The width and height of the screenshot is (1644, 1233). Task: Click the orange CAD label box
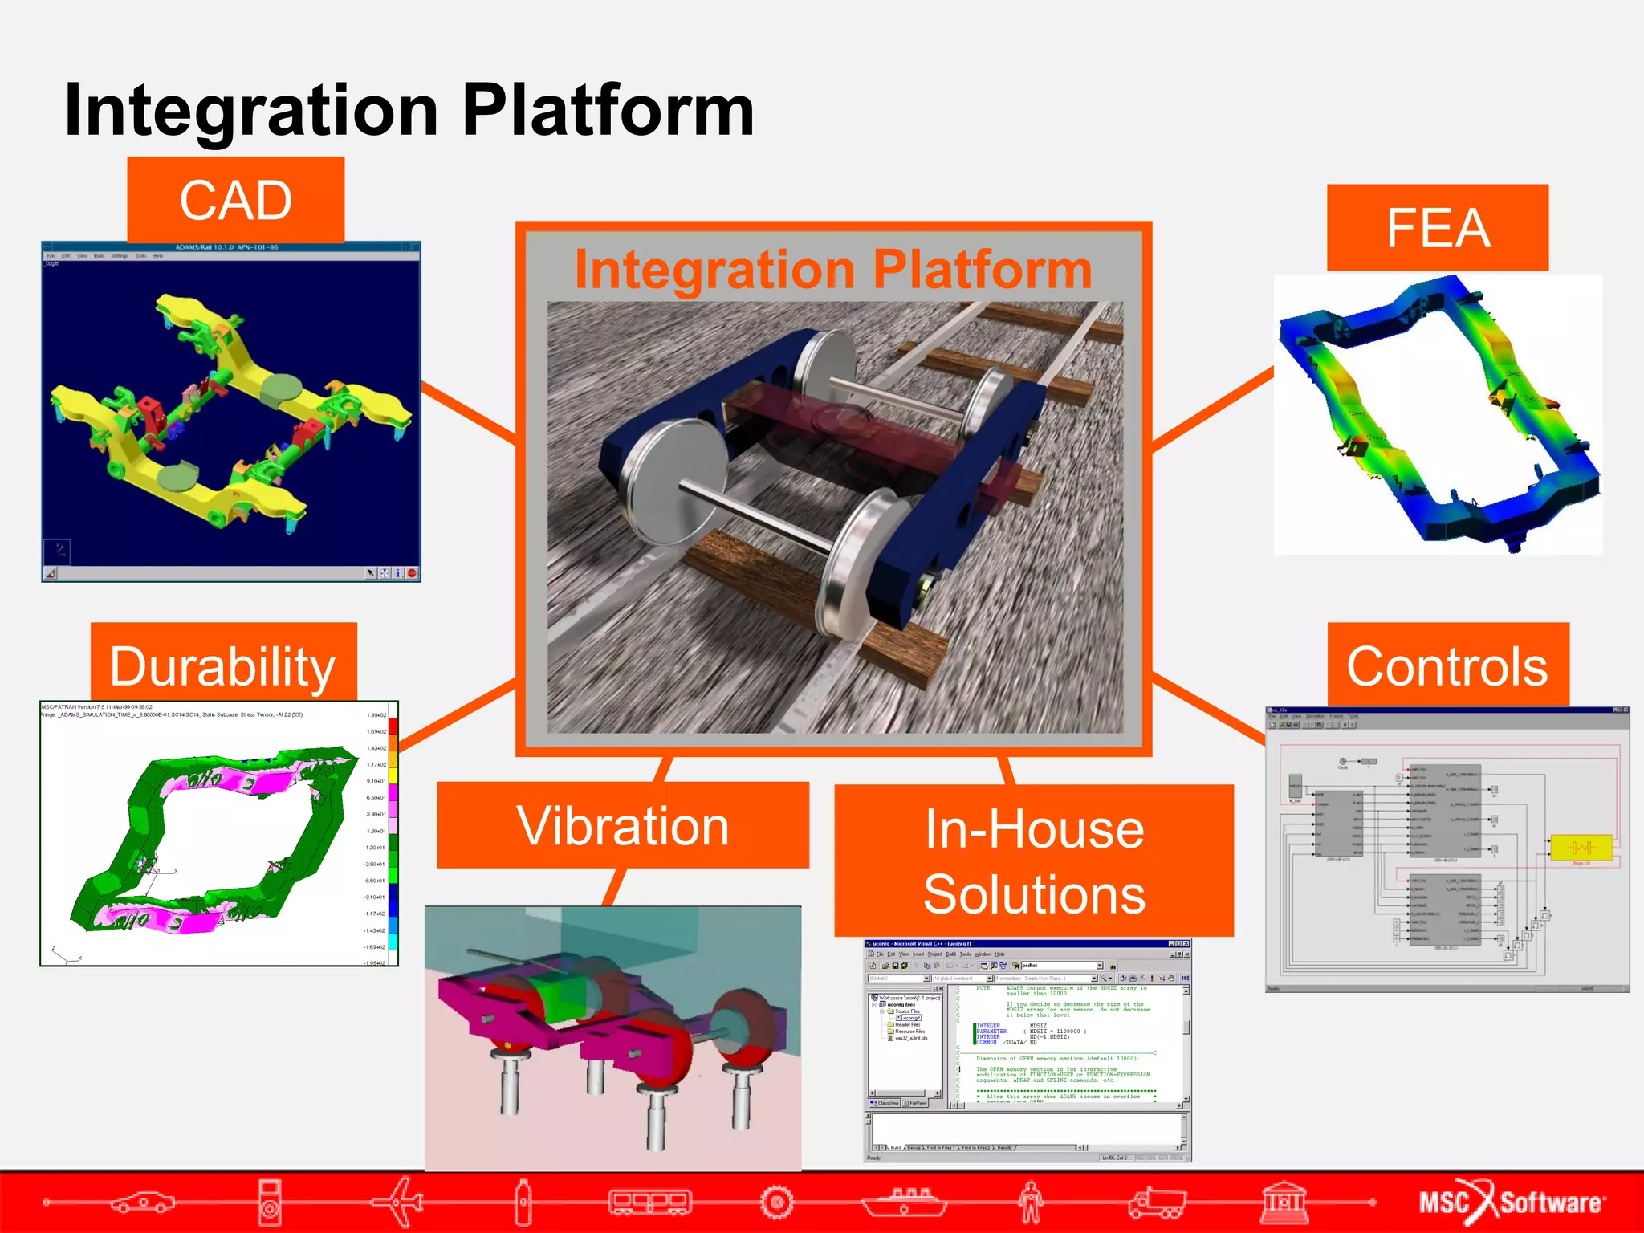coord(235,200)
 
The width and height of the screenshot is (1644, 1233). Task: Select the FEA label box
coord(1437,228)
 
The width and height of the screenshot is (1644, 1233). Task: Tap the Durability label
coord(223,665)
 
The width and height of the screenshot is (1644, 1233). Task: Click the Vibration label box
coord(623,825)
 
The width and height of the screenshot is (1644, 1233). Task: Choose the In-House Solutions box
coord(1034,861)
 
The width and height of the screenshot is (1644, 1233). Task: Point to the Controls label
coord(1447,665)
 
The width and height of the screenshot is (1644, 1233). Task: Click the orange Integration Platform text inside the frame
coord(833,269)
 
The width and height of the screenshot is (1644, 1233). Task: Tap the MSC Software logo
coord(1509,1202)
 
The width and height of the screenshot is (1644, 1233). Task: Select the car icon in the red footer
coord(143,1202)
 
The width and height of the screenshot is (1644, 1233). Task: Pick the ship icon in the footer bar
coord(904,1202)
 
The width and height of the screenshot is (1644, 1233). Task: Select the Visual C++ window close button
coord(1186,944)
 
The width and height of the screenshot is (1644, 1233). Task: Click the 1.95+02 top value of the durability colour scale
coord(376,714)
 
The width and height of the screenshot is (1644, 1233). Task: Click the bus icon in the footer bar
coord(650,1202)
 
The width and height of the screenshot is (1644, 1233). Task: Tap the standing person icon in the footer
coord(1031,1202)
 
